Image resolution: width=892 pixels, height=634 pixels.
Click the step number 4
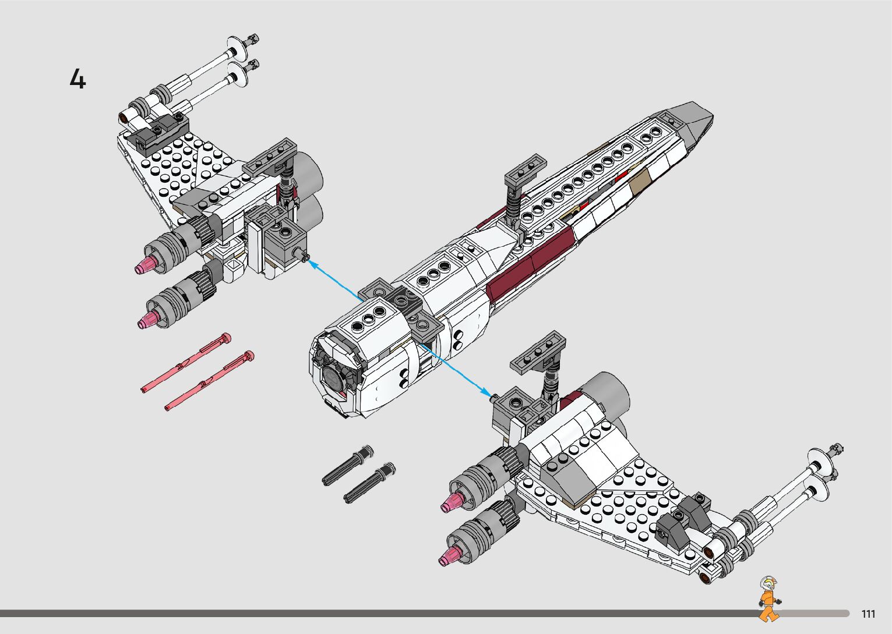click(77, 79)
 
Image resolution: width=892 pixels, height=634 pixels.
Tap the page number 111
click(868, 614)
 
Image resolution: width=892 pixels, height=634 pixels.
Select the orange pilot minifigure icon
click(768, 599)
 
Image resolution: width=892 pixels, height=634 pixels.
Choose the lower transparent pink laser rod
click(210, 381)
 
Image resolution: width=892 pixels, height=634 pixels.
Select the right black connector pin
click(369, 483)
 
